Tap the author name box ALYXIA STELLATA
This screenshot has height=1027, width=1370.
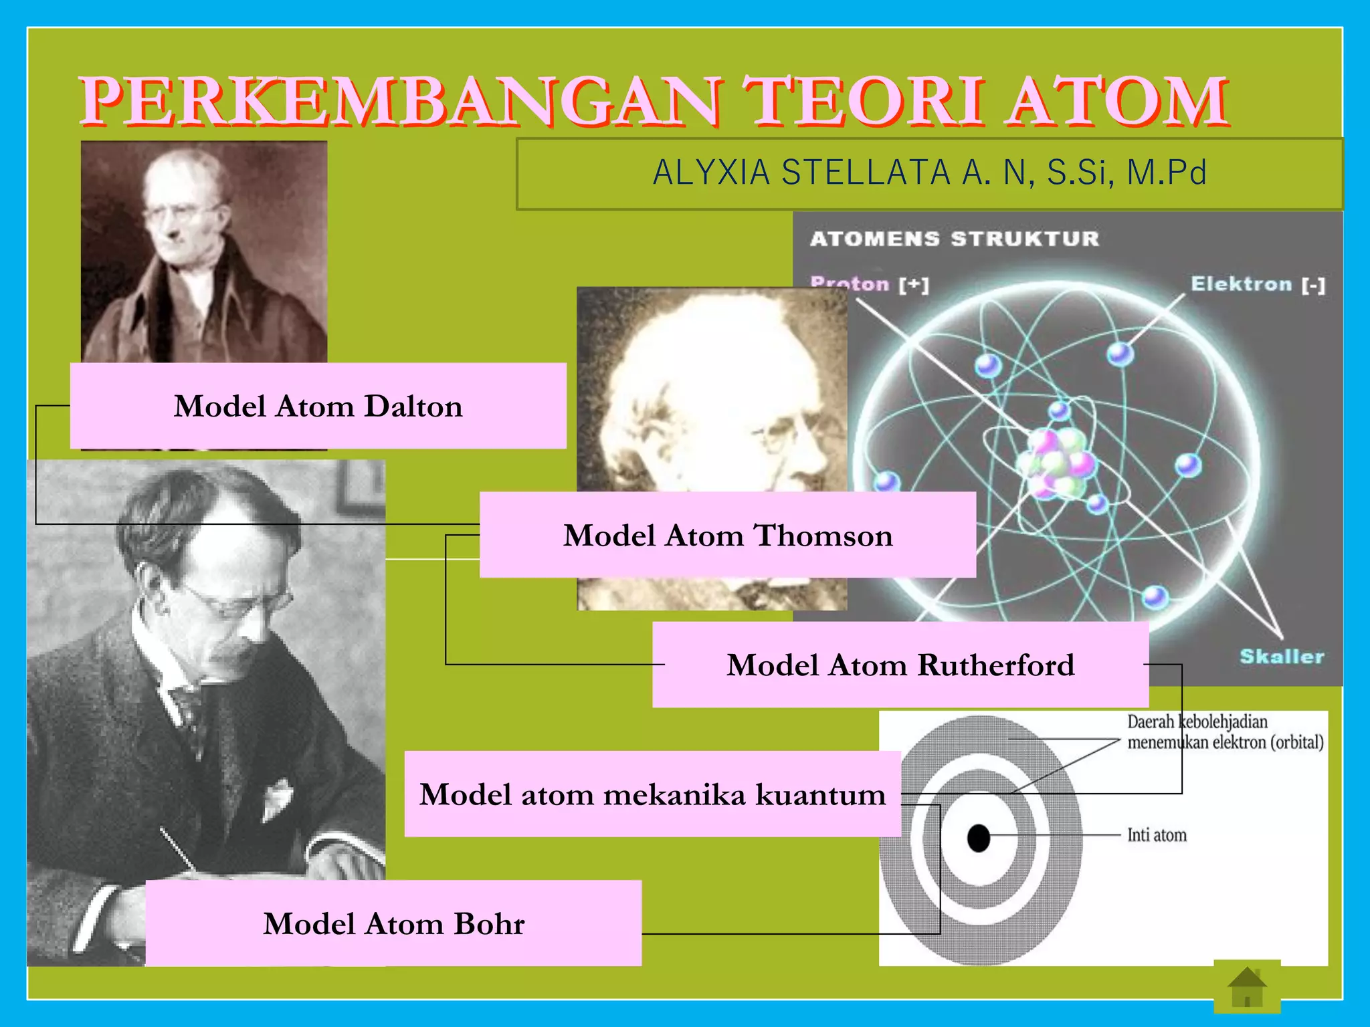pyautogui.click(x=929, y=173)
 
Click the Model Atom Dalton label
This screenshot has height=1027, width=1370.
pyautogui.click(x=318, y=406)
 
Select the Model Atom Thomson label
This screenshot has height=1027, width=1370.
pyautogui.click(x=727, y=536)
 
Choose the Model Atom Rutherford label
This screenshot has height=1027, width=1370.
pyautogui.click(x=900, y=665)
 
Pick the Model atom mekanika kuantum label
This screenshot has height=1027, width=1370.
pyautogui.click(x=652, y=794)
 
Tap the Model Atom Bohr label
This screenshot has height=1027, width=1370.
pyautogui.click(x=393, y=924)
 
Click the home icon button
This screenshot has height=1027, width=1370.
pyautogui.click(x=1247, y=987)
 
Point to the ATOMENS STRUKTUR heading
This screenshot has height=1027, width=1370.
pyautogui.click(x=954, y=239)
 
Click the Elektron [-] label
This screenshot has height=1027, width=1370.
pyautogui.click(x=1257, y=284)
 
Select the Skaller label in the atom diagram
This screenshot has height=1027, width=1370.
pyautogui.click(x=1281, y=656)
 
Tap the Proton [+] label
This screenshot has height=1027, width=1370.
pyautogui.click(x=869, y=284)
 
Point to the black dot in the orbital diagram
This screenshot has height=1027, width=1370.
pyautogui.click(x=979, y=838)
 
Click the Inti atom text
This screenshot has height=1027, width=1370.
pyautogui.click(x=1157, y=835)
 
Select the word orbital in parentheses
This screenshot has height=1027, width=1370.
pyautogui.click(x=1297, y=743)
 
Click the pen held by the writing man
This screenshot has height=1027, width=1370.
pyautogui.click(x=178, y=849)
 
